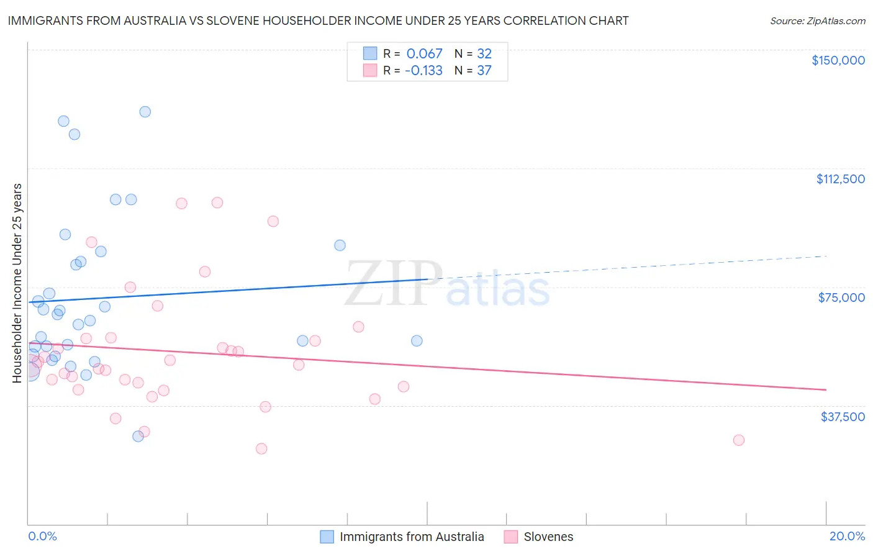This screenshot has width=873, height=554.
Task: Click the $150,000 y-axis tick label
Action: click(x=838, y=60)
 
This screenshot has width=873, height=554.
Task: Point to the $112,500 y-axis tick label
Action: click(x=840, y=179)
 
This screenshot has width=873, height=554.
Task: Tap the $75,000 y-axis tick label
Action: click(x=841, y=297)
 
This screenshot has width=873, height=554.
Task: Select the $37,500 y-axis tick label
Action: click(x=843, y=417)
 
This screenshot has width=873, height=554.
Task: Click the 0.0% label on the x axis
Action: click(x=42, y=536)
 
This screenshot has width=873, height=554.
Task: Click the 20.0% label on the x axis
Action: click(x=847, y=536)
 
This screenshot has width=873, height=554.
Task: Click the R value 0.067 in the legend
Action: click(x=424, y=54)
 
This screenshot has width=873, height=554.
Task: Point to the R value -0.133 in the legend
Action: click(x=423, y=71)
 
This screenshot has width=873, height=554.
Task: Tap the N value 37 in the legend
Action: click(x=484, y=71)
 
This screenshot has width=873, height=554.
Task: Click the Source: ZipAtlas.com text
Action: click(x=817, y=21)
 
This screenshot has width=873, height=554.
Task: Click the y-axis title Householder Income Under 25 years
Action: click(x=17, y=283)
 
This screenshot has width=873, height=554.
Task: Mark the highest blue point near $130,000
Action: click(x=145, y=112)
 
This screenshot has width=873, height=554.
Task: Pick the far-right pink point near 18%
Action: click(x=738, y=440)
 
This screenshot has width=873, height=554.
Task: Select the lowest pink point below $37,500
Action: click(x=261, y=448)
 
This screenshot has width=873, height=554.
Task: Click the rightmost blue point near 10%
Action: click(x=417, y=340)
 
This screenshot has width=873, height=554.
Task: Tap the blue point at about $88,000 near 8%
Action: click(x=340, y=245)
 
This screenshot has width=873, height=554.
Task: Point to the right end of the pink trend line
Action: click(x=826, y=389)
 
